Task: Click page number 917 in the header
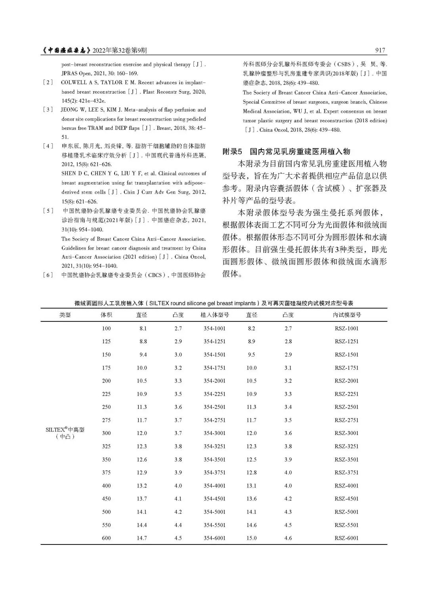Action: click(x=379, y=50)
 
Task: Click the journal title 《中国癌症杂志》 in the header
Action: click(x=67, y=50)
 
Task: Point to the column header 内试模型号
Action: click(x=346, y=315)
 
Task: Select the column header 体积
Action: click(x=106, y=315)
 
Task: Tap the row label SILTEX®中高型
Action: click(x=65, y=430)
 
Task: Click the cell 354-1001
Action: click(x=214, y=328)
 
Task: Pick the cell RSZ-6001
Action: click(x=346, y=538)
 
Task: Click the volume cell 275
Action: click(x=106, y=420)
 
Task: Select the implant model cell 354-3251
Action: click(x=214, y=446)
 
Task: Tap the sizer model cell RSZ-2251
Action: click(x=346, y=394)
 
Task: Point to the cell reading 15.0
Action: click(x=251, y=538)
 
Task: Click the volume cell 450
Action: click(x=106, y=499)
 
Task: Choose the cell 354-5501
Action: click(x=214, y=525)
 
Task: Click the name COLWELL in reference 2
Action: click(x=73, y=83)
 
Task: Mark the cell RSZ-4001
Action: click(x=346, y=486)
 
